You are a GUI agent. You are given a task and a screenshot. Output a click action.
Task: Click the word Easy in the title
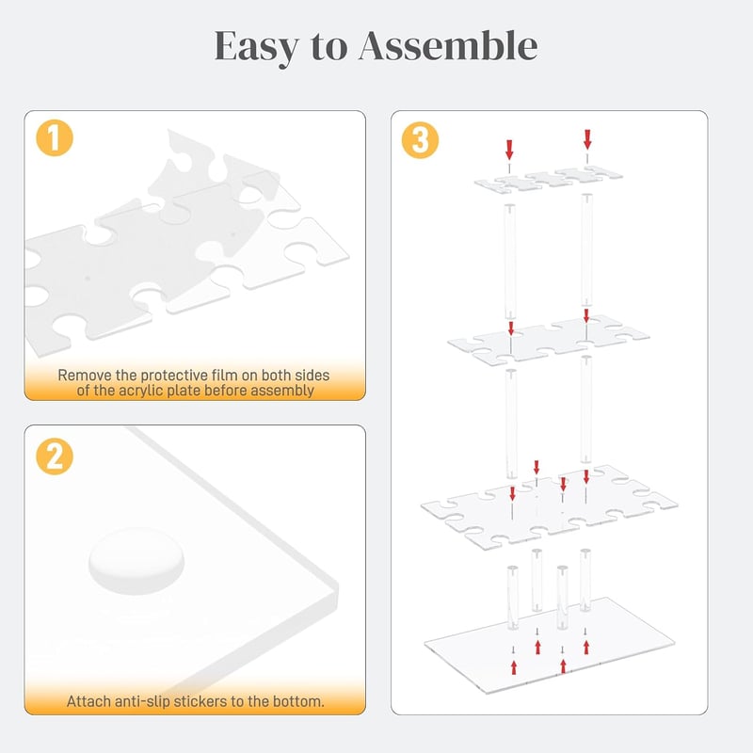[256, 47]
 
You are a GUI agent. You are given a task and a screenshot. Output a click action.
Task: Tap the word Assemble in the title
[448, 45]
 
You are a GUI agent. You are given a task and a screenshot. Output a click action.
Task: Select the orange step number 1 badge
[55, 137]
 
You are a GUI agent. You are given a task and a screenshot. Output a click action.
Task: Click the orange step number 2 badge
[55, 457]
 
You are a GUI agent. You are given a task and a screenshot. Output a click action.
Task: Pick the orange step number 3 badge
[420, 140]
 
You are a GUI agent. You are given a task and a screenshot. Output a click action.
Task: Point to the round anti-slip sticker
[136, 560]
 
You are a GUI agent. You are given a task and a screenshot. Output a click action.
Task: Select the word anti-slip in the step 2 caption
[143, 701]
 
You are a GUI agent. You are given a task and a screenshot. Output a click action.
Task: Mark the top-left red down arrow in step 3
[509, 150]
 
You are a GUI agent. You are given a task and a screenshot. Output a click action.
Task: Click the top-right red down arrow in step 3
[587, 139]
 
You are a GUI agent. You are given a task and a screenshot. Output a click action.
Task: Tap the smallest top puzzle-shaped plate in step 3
[549, 180]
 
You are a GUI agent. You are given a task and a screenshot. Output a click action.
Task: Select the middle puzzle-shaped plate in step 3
[549, 340]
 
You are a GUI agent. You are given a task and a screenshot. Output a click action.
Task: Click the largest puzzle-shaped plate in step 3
[549, 505]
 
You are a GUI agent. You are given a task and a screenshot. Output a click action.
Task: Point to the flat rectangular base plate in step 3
[550, 645]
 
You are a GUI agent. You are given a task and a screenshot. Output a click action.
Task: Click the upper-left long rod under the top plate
[509, 262]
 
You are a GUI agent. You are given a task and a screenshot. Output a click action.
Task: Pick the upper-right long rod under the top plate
[586, 249]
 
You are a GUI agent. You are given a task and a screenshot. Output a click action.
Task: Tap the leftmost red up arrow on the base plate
[514, 667]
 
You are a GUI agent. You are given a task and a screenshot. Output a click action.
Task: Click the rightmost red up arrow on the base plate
[586, 647]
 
